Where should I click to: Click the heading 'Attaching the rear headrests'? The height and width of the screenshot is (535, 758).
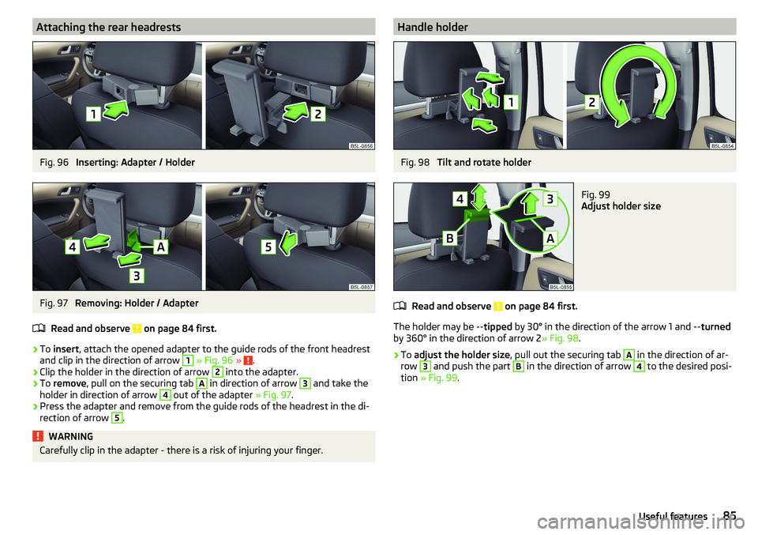pyautogui.click(x=109, y=27)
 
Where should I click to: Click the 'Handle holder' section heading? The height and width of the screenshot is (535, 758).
pyautogui.click(x=433, y=27)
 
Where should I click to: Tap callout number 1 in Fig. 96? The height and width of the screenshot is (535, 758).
pyautogui.click(x=93, y=114)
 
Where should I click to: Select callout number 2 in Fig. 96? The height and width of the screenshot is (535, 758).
pyautogui.click(x=317, y=114)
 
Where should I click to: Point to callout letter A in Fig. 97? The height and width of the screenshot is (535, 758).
pyautogui.click(x=160, y=247)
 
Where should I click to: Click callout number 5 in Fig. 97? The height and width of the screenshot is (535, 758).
pyautogui.click(x=268, y=247)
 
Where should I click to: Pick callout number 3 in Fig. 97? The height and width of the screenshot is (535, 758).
pyautogui.click(x=137, y=276)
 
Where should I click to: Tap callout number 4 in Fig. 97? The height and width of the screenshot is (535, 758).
pyautogui.click(x=73, y=247)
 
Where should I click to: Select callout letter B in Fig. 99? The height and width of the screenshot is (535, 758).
pyautogui.click(x=449, y=238)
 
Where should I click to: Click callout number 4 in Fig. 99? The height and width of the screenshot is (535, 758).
pyautogui.click(x=460, y=199)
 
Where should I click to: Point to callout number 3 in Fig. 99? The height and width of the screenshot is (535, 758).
pyautogui.click(x=550, y=199)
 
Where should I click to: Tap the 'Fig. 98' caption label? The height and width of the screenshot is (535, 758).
pyautogui.click(x=415, y=163)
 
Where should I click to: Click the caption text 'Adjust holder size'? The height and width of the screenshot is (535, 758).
pyautogui.click(x=621, y=206)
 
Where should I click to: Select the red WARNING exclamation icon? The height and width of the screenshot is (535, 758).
pyautogui.click(x=38, y=436)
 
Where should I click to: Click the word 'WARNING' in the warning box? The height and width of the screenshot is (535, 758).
pyautogui.click(x=70, y=436)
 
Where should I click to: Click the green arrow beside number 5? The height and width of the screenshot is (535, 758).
pyautogui.click(x=288, y=243)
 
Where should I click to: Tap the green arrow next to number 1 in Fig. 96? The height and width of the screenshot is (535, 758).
pyautogui.click(x=115, y=110)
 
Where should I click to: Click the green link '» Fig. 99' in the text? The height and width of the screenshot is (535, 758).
pyautogui.click(x=439, y=378)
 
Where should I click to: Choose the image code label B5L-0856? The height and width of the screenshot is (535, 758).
pyautogui.click(x=361, y=145)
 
